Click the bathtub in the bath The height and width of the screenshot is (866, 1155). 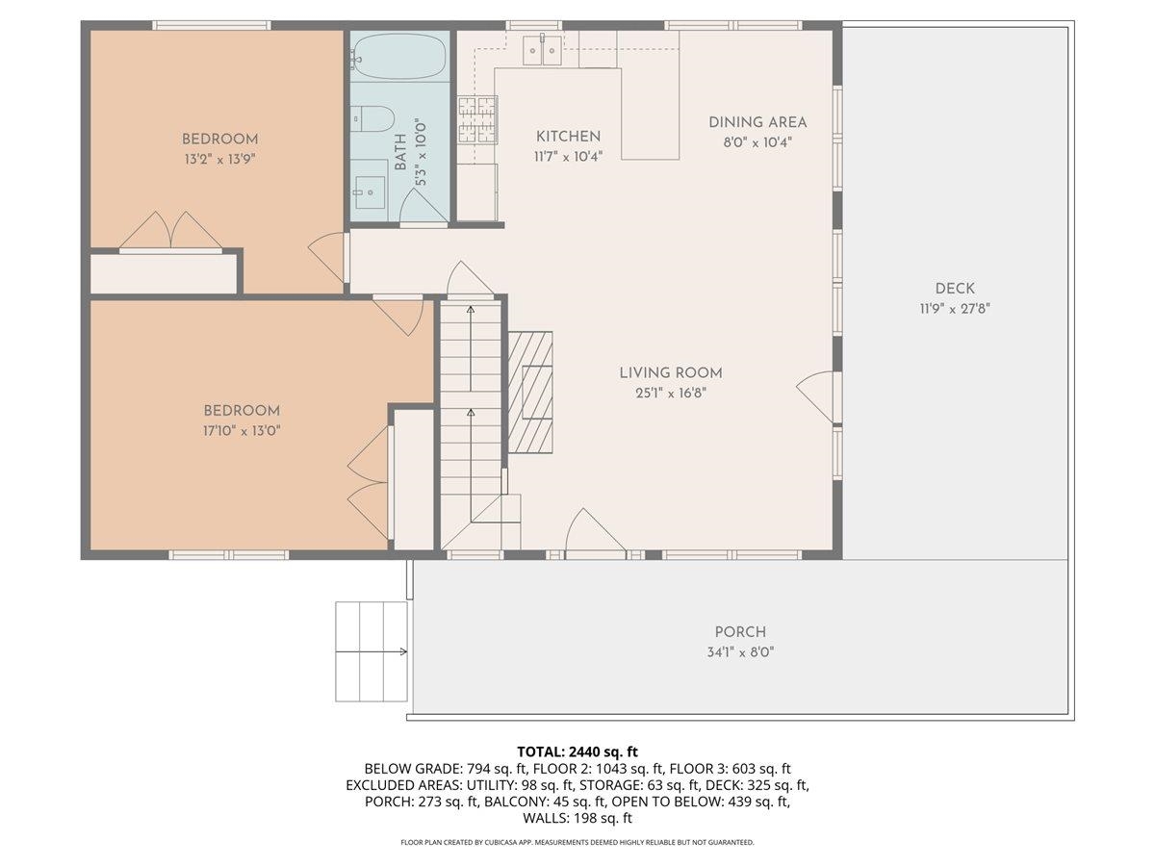[398, 57]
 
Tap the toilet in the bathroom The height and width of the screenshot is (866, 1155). [372, 118]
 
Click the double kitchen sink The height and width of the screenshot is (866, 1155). [542, 50]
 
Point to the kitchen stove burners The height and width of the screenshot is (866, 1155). [477, 119]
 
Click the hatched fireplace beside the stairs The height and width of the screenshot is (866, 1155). [530, 392]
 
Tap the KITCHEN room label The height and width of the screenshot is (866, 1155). [568, 137]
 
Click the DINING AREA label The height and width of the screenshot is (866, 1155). [757, 122]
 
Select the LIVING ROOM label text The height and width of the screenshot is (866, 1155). [670, 372]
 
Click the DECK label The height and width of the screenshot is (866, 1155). [955, 288]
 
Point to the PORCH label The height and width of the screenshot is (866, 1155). [740, 631]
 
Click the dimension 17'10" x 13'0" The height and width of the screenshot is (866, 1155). [242, 431]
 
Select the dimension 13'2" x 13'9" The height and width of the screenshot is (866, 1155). [219, 159]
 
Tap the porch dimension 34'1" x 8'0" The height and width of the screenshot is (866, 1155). [740, 652]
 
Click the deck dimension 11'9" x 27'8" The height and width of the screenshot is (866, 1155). [955, 309]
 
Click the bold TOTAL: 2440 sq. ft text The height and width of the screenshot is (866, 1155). [577, 751]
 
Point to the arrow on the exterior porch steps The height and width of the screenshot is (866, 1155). [371, 652]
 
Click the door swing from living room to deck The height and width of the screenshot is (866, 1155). [815, 395]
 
